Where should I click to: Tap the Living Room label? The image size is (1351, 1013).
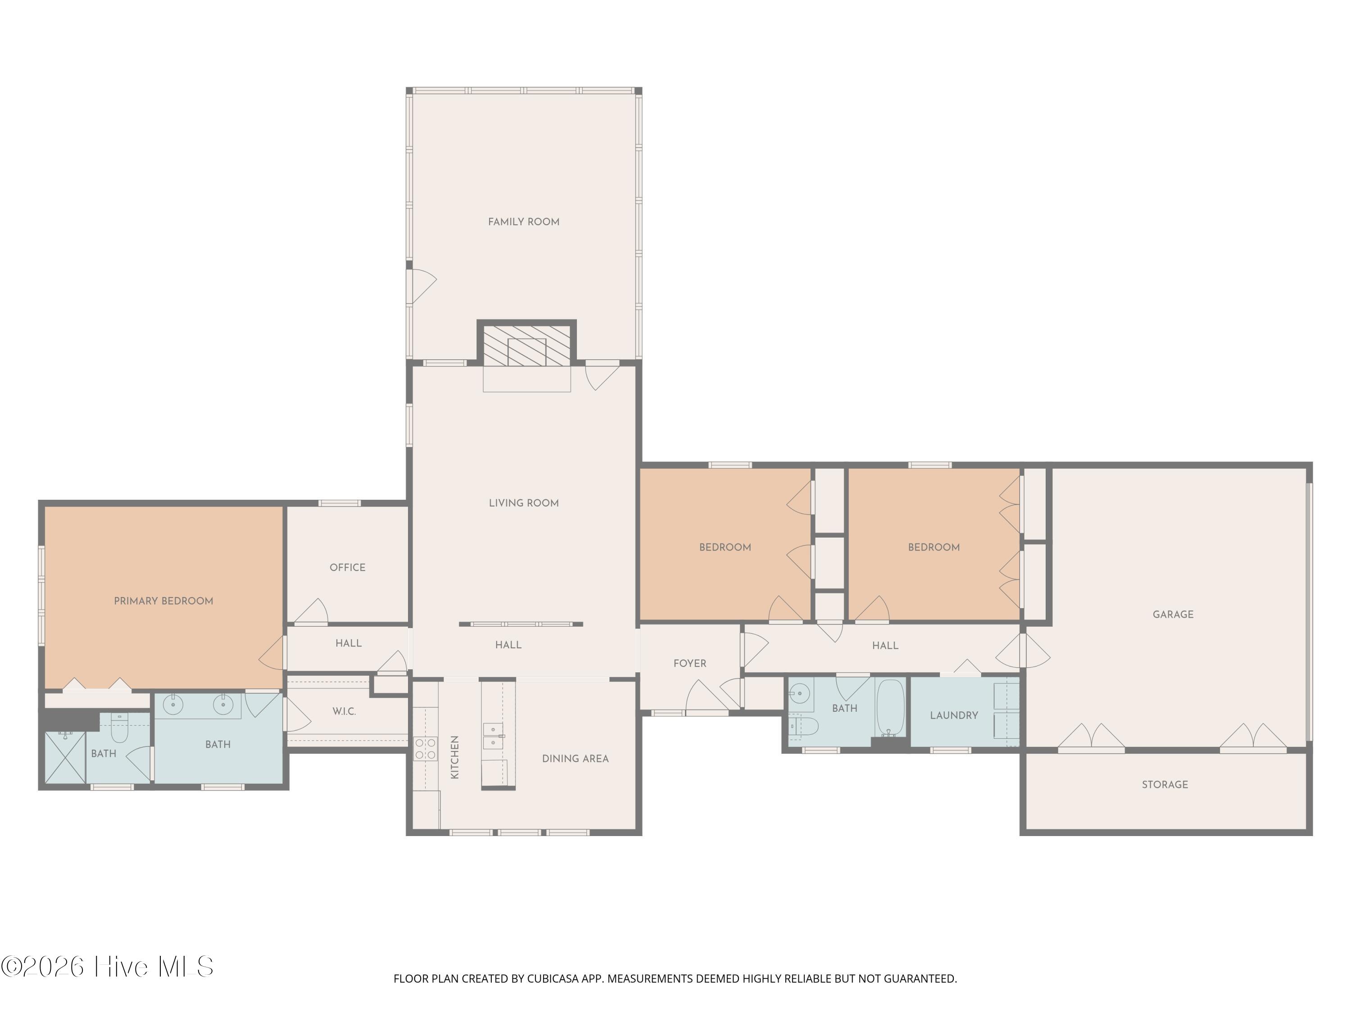coord(523,503)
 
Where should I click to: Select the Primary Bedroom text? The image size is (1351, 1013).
coord(163,601)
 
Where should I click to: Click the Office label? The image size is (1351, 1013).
coord(348,567)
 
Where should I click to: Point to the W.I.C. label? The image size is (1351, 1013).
coord(344,711)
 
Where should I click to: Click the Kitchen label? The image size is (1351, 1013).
coord(454,757)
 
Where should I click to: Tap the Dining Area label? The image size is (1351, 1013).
coord(576,758)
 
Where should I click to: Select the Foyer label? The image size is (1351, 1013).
coord(689,663)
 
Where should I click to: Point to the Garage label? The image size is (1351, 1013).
coord(1173,614)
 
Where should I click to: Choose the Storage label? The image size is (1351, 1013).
coord(1165,785)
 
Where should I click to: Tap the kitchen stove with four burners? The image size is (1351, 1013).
coord(425,749)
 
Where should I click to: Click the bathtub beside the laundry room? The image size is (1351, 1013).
coord(890,708)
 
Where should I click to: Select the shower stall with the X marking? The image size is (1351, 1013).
coord(65,758)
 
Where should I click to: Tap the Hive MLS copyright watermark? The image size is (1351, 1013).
coord(108,967)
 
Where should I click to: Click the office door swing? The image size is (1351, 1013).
coord(312,611)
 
